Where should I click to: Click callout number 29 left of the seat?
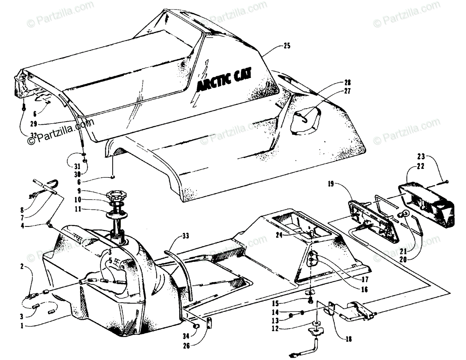pos(34,124)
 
